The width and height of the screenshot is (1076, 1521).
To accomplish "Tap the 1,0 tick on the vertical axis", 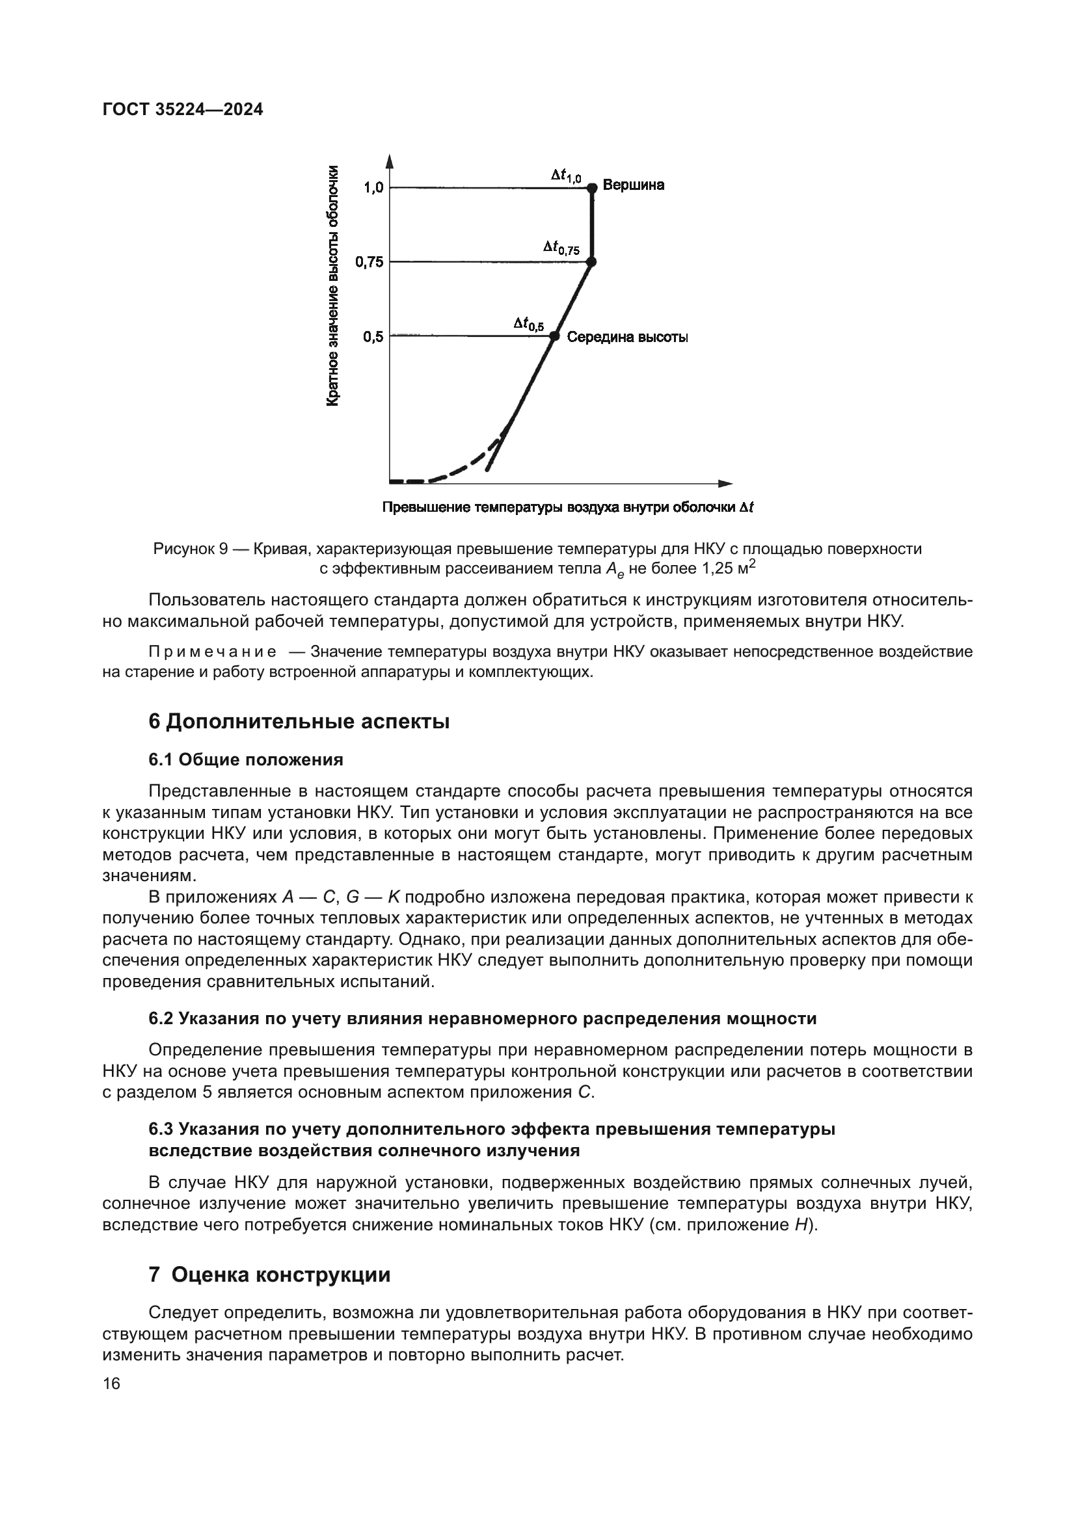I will (373, 188).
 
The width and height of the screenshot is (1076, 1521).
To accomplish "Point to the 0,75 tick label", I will (369, 262).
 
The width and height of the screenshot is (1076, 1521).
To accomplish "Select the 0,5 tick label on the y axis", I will (373, 337).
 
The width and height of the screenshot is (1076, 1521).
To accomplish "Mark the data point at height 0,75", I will (591, 261).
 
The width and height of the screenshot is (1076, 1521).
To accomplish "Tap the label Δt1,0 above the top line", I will (566, 176).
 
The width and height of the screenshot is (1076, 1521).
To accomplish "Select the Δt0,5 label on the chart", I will (528, 324).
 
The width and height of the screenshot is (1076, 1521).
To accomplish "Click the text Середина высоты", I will (626, 338).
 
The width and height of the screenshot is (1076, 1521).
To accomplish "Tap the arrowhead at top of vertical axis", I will (390, 161).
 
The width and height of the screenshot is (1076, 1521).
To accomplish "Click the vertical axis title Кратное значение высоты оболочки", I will (334, 285).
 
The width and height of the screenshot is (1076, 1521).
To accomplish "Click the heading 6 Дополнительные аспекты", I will (299, 721).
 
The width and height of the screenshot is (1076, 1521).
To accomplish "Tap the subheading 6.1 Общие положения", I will (246, 759).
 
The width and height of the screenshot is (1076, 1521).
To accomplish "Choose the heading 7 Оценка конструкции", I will (270, 1275).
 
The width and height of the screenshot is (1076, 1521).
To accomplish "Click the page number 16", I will (112, 1383).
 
